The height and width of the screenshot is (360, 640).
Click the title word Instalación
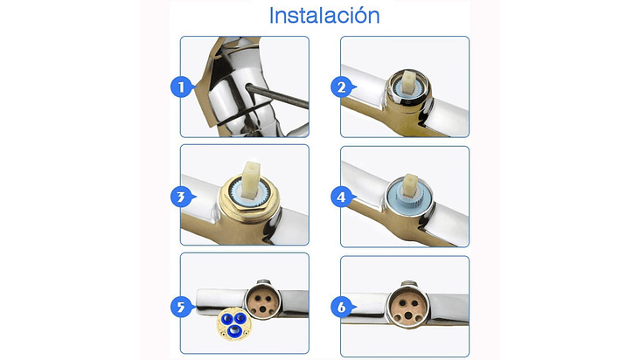(324, 16)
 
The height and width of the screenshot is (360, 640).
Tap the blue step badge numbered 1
(182, 87)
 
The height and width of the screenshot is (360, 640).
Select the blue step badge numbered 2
(342, 87)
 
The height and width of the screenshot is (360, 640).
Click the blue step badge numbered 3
(182, 197)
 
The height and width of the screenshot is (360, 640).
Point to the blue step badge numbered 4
(342, 197)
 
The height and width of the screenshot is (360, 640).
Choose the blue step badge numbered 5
(182, 307)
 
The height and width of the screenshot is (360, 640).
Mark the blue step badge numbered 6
(342, 307)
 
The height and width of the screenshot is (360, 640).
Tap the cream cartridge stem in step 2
(408, 82)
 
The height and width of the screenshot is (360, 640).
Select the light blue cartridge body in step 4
(408, 197)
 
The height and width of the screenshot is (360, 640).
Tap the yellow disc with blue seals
(233, 324)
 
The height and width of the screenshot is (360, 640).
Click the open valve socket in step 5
(262, 301)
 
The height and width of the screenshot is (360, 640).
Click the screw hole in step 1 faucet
(248, 87)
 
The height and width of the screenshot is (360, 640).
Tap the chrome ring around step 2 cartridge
(408, 88)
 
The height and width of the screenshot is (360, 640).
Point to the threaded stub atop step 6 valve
(408, 283)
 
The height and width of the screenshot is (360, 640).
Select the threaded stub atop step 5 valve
(264, 282)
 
